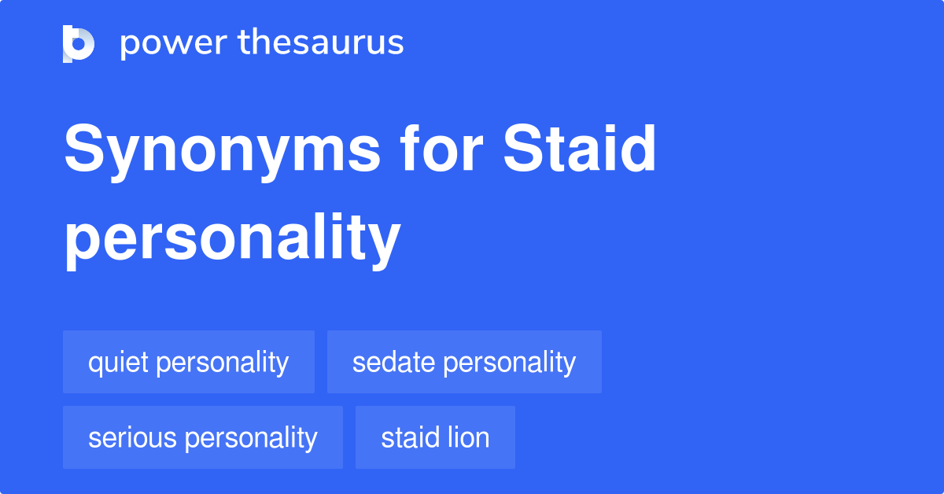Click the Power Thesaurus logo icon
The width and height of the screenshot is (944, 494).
click(x=79, y=43)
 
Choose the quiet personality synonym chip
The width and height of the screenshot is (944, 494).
click(x=189, y=362)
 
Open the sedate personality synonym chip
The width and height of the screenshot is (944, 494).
click(x=464, y=362)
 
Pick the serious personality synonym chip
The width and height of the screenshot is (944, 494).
click(x=203, y=437)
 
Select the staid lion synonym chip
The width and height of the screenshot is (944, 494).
click(x=435, y=437)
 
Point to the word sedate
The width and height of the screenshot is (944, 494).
click(x=393, y=362)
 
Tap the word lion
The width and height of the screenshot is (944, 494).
click(x=469, y=437)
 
